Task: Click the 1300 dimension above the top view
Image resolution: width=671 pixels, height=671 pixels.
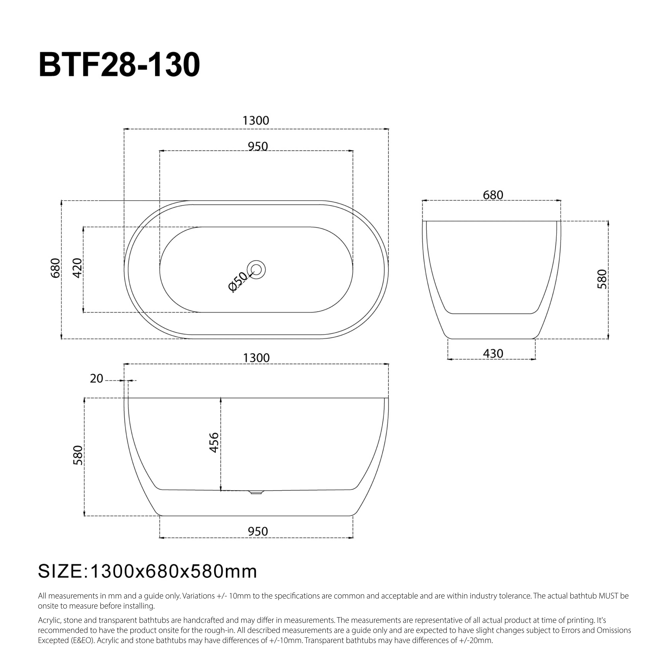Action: (256, 121)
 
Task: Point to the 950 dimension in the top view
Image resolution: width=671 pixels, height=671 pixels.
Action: (258, 146)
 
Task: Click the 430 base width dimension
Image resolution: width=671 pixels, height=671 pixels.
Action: (493, 354)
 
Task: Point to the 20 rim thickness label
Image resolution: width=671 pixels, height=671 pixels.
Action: (97, 378)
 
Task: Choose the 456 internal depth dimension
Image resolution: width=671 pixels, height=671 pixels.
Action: (214, 443)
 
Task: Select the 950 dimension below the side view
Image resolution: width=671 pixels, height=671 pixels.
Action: (258, 531)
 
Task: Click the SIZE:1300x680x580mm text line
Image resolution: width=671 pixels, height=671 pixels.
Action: (147, 571)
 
